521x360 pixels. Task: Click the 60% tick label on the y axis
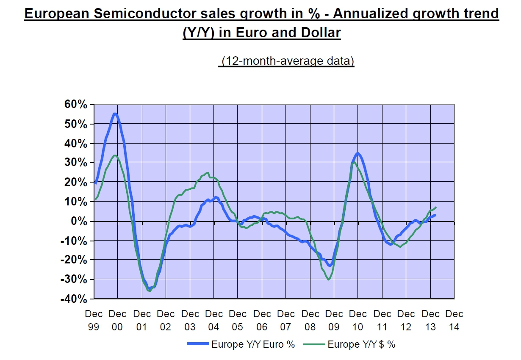click(77, 104)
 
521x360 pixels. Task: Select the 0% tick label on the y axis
click(80, 222)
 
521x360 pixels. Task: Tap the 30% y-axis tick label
click(77, 163)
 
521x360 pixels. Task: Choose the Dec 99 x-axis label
click(94, 320)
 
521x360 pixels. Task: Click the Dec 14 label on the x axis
click(454, 320)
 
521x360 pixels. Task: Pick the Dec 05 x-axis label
click(238, 320)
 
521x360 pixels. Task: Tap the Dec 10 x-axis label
click(358, 320)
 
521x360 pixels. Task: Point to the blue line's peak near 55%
click(115, 113)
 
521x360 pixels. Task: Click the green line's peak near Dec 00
click(115, 155)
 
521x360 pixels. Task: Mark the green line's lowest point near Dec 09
click(328, 280)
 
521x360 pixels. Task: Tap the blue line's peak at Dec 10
click(358, 153)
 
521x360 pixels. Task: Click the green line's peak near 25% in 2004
click(208, 172)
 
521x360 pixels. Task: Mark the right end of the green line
click(436, 207)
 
